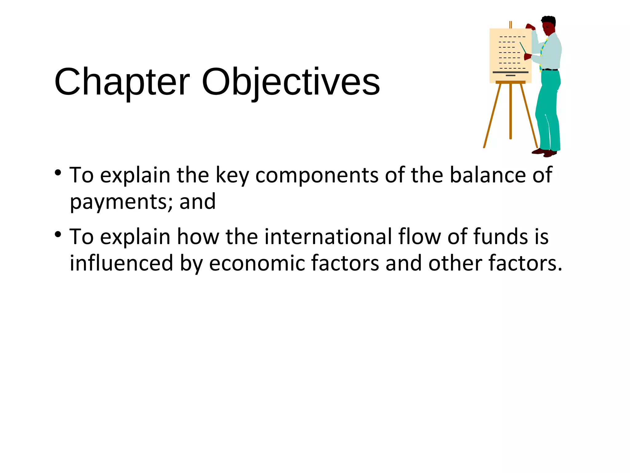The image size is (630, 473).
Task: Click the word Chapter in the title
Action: (122, 83)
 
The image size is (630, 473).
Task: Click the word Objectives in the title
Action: (291, 83)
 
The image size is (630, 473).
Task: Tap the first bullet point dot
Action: (58, 173)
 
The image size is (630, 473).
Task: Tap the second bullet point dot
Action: (58, 235)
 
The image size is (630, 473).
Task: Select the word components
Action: (317, 176)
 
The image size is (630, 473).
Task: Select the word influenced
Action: (122, 263)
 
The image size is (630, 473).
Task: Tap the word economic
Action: (257, 263)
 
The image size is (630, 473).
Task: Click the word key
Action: (232, 176)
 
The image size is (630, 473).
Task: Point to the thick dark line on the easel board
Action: (510, 72)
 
